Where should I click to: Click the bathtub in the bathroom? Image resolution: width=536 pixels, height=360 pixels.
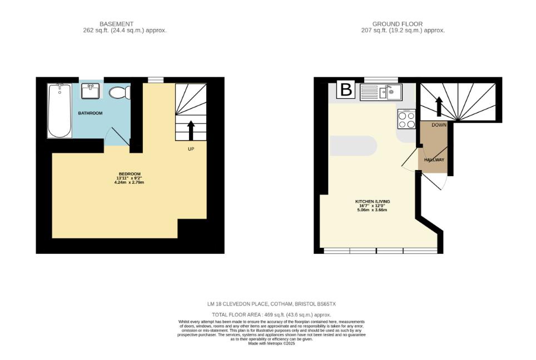coord(60,111)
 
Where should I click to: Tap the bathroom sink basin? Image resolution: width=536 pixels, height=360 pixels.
coord(90,91)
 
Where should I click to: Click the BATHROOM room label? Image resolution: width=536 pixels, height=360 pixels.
coord(90,113)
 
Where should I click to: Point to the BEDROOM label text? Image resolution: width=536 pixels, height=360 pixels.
coord(130,174)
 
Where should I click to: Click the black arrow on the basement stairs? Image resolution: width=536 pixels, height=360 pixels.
coord(191,130)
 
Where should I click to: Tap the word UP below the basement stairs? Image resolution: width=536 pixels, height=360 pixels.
coord(191,149)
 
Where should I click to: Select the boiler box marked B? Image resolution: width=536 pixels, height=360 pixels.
coord(346,89)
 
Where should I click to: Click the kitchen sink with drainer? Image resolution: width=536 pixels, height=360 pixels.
coord(381,92)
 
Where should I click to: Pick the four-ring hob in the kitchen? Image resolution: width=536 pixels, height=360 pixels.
coord(407,119)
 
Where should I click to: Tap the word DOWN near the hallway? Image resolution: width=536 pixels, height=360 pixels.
coord(439,125)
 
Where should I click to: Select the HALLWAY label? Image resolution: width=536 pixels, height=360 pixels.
coord(434,160)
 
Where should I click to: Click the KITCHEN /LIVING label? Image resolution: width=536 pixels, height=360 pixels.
coord(373,202)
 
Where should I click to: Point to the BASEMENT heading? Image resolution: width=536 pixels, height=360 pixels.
coord(116,24)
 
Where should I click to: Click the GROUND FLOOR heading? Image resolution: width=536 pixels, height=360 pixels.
coord(397,24)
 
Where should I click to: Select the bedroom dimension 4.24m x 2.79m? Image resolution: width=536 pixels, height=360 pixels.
coord(129,182)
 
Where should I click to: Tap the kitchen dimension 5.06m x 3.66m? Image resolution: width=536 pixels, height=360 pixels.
coord(373,209)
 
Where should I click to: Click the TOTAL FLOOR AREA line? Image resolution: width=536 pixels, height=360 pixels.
coord(271,315)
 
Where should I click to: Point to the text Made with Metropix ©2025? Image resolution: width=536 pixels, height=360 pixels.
coord(271,343)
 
